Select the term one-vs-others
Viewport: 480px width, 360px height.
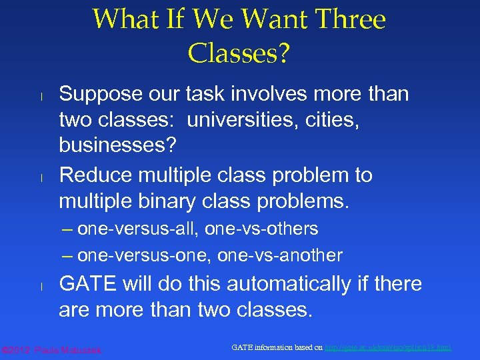(261, 229)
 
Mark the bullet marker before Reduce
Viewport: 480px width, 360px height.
(41, 177)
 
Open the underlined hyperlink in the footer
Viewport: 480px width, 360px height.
(387, 347)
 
